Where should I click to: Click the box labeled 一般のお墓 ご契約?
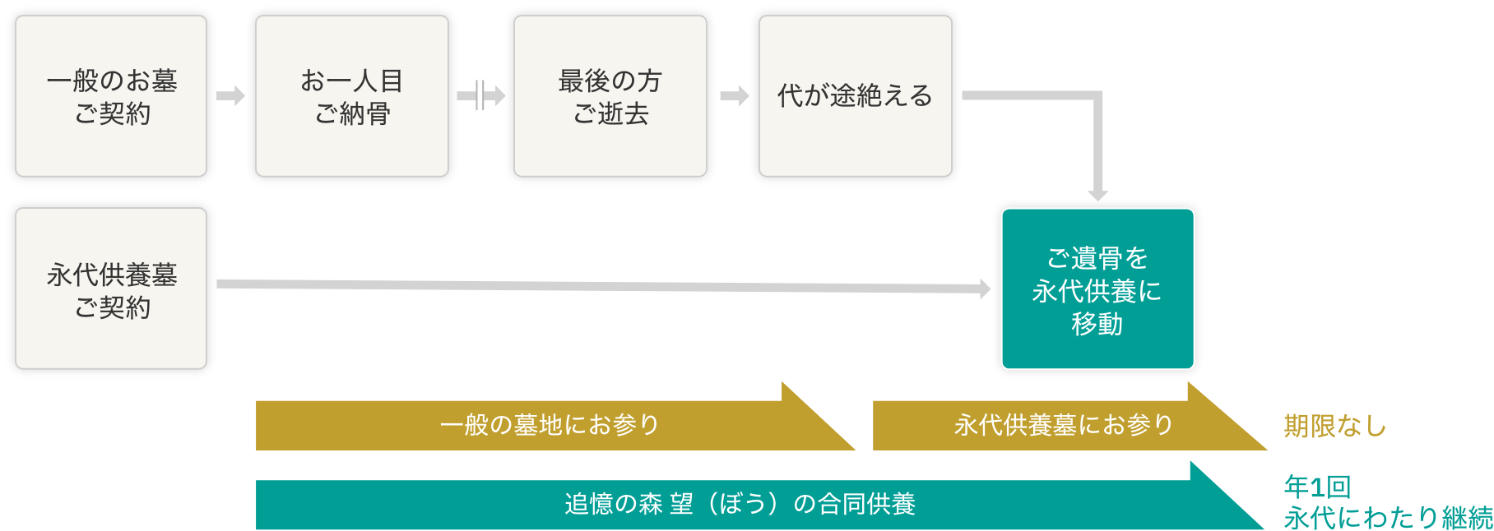(111, 96)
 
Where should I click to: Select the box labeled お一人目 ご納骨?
(352, 96)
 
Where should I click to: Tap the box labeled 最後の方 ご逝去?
(610, 96)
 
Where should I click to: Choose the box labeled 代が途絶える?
(855, 96)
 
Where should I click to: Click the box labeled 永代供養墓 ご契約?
(111, 289)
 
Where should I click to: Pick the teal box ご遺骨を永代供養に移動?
(1097, 289)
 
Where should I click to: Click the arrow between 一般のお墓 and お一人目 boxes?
(231, 95)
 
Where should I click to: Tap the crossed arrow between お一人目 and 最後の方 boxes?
(480, 95)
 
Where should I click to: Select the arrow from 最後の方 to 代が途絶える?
(735, 95)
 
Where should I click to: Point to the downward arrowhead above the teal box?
(1097, 195)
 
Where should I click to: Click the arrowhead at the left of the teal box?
(985, 289)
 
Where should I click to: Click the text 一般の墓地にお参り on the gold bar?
(550, 425)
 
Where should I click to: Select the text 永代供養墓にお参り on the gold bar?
(1064, 425)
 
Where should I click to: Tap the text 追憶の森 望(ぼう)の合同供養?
(740, 504)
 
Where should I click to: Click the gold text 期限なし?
(1334, 426)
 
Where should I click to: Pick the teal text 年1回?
(1317, 487)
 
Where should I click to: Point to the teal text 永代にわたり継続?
(1388, 518)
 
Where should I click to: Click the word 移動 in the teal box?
(1097, 324)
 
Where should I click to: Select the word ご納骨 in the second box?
(352, 113)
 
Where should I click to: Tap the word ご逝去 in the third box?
(610, 113)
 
